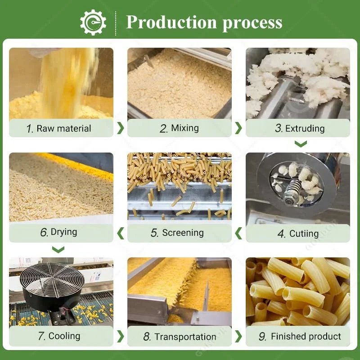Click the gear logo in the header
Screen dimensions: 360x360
[x=93, y=22]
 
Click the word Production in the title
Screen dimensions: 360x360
[x=171, y=22]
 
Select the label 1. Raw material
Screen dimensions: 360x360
[x=58, y=128]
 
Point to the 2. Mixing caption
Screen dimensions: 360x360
[x=179, y=128]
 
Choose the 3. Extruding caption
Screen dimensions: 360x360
[x=300, y=128]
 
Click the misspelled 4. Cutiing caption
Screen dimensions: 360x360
[x=298, y=234]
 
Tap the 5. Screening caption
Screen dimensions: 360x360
[x=177, y=233]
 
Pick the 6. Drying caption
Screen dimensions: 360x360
[x=58, y=232]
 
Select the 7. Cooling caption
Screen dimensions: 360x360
[x=59, y=336]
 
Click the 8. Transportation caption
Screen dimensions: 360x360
[x=180, y=337]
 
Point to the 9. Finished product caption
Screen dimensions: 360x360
[x=300, y=336]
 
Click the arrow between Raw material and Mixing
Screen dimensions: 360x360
[x=121, y=128]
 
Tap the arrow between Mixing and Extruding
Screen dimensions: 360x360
[x=238, y=128]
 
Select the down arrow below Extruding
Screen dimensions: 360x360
[x=301, y=144]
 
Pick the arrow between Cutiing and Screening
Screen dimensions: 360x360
[x=238, y=233]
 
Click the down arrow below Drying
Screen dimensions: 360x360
[x=58, y=250]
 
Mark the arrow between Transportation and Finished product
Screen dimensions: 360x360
[x=238, y=337]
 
